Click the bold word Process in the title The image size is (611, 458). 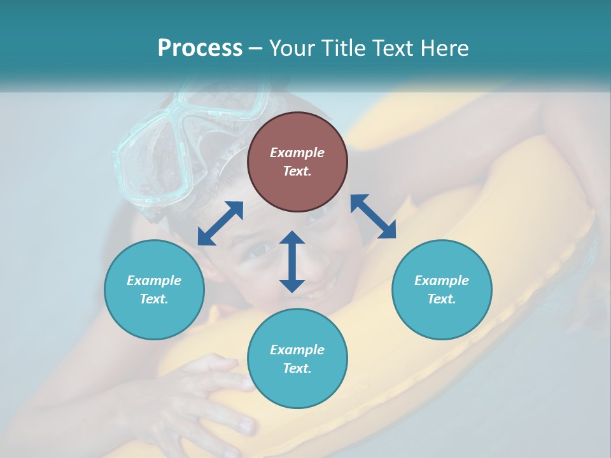point(200,48)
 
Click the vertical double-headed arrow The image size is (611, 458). point(292,261)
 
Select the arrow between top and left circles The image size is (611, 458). point(220,223)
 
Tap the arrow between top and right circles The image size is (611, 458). point(373,216)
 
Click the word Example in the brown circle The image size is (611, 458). point(297,153)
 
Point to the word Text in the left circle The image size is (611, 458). point(154,299)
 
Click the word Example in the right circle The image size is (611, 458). point(442,281)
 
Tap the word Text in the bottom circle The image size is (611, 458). point(297,368)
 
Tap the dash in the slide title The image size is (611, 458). point(256,48)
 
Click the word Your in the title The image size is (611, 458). point(292,48)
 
